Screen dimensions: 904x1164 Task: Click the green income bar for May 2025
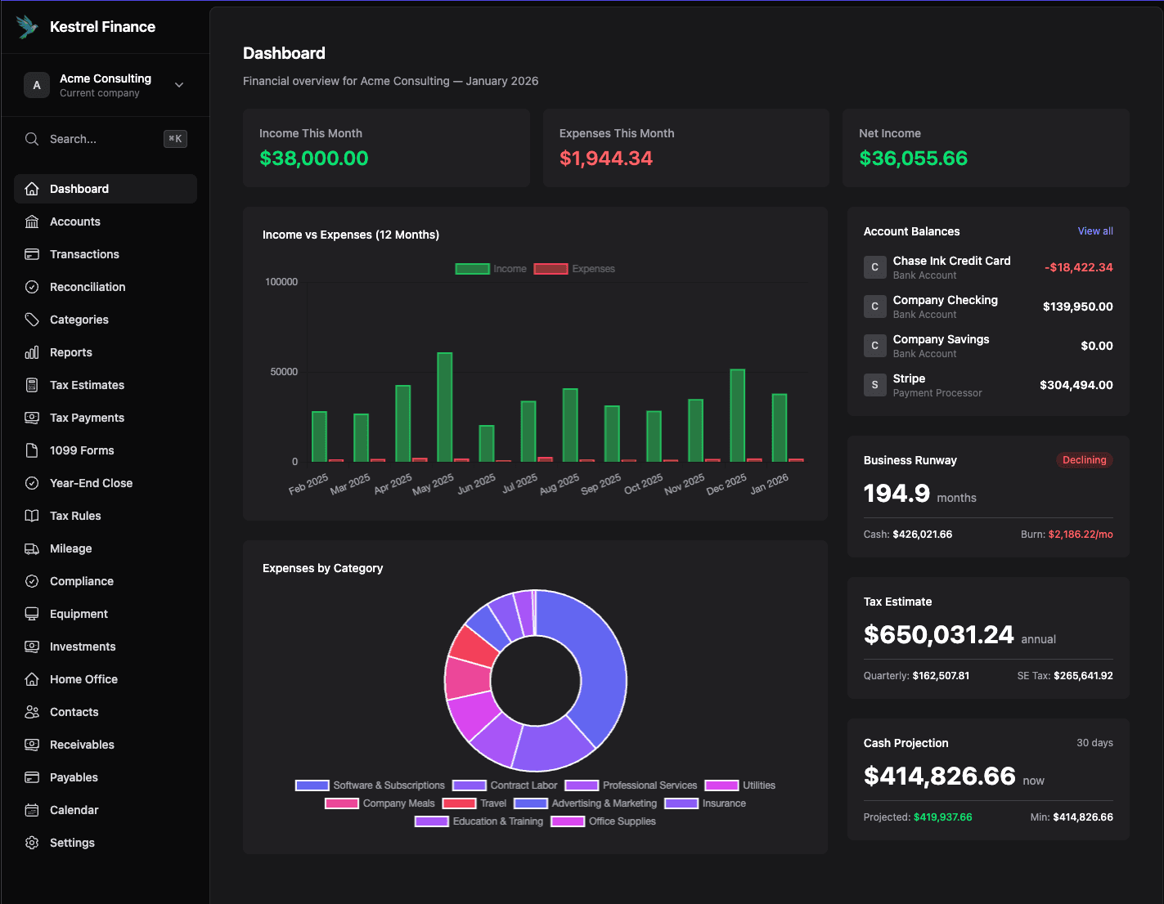[444, 407]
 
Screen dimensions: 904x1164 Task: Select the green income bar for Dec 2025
[737, 415]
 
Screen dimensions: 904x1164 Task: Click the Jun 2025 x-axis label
[476, 484]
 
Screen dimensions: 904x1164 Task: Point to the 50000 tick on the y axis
[284, 372]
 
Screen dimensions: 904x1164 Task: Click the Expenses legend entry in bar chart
[574, 269]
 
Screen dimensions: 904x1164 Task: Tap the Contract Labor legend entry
[505, 785]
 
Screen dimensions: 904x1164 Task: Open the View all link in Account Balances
[1094, 231]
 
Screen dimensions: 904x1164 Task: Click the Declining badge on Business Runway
[1084, 460]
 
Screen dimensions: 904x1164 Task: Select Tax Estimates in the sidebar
[87, 385]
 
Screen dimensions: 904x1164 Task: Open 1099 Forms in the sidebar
[82, 450]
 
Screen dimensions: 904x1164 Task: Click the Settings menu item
[72, 843]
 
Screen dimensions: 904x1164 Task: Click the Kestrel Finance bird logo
[28, 27]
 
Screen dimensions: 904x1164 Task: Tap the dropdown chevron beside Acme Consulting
[179, 85]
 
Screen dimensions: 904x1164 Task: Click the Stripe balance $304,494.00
[1076, 385]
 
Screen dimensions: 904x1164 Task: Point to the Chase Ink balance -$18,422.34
[1078, 267]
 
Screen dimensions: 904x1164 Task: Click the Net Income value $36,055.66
[913, 159]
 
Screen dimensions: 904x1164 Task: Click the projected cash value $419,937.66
[942, 817]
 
